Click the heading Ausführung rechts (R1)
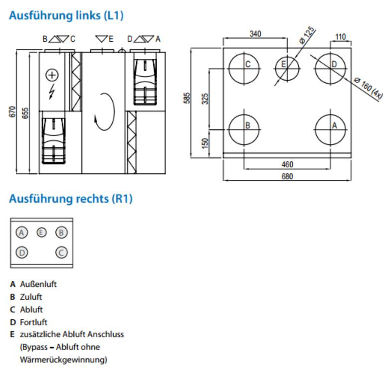pos(71,199)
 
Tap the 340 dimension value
pos(255,34)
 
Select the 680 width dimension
pos(287,176)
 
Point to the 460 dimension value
pos(287,164)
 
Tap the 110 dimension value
pos(341,36)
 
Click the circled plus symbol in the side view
pos(52,75)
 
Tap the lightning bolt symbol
pos(52,92)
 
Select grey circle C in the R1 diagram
pos(61,252)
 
